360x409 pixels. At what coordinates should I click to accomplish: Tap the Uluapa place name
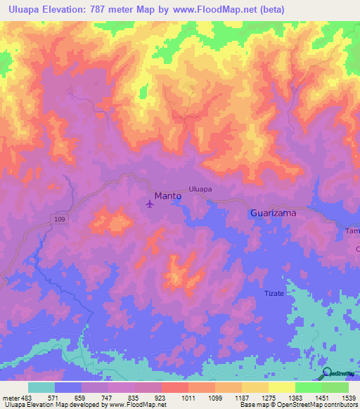(x=200, y=189)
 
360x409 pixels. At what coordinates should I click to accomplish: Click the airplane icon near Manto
(x=150, y=204)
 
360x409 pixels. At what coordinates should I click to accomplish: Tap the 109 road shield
(x=61, y=221)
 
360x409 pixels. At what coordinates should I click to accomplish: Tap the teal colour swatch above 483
(x=41, y=387)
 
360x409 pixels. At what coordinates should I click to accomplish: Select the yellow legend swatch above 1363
(x=282, y=387)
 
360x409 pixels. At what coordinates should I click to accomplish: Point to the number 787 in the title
(x=105, y=9)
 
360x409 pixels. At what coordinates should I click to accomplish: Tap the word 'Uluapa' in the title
(x=22, y=9)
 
